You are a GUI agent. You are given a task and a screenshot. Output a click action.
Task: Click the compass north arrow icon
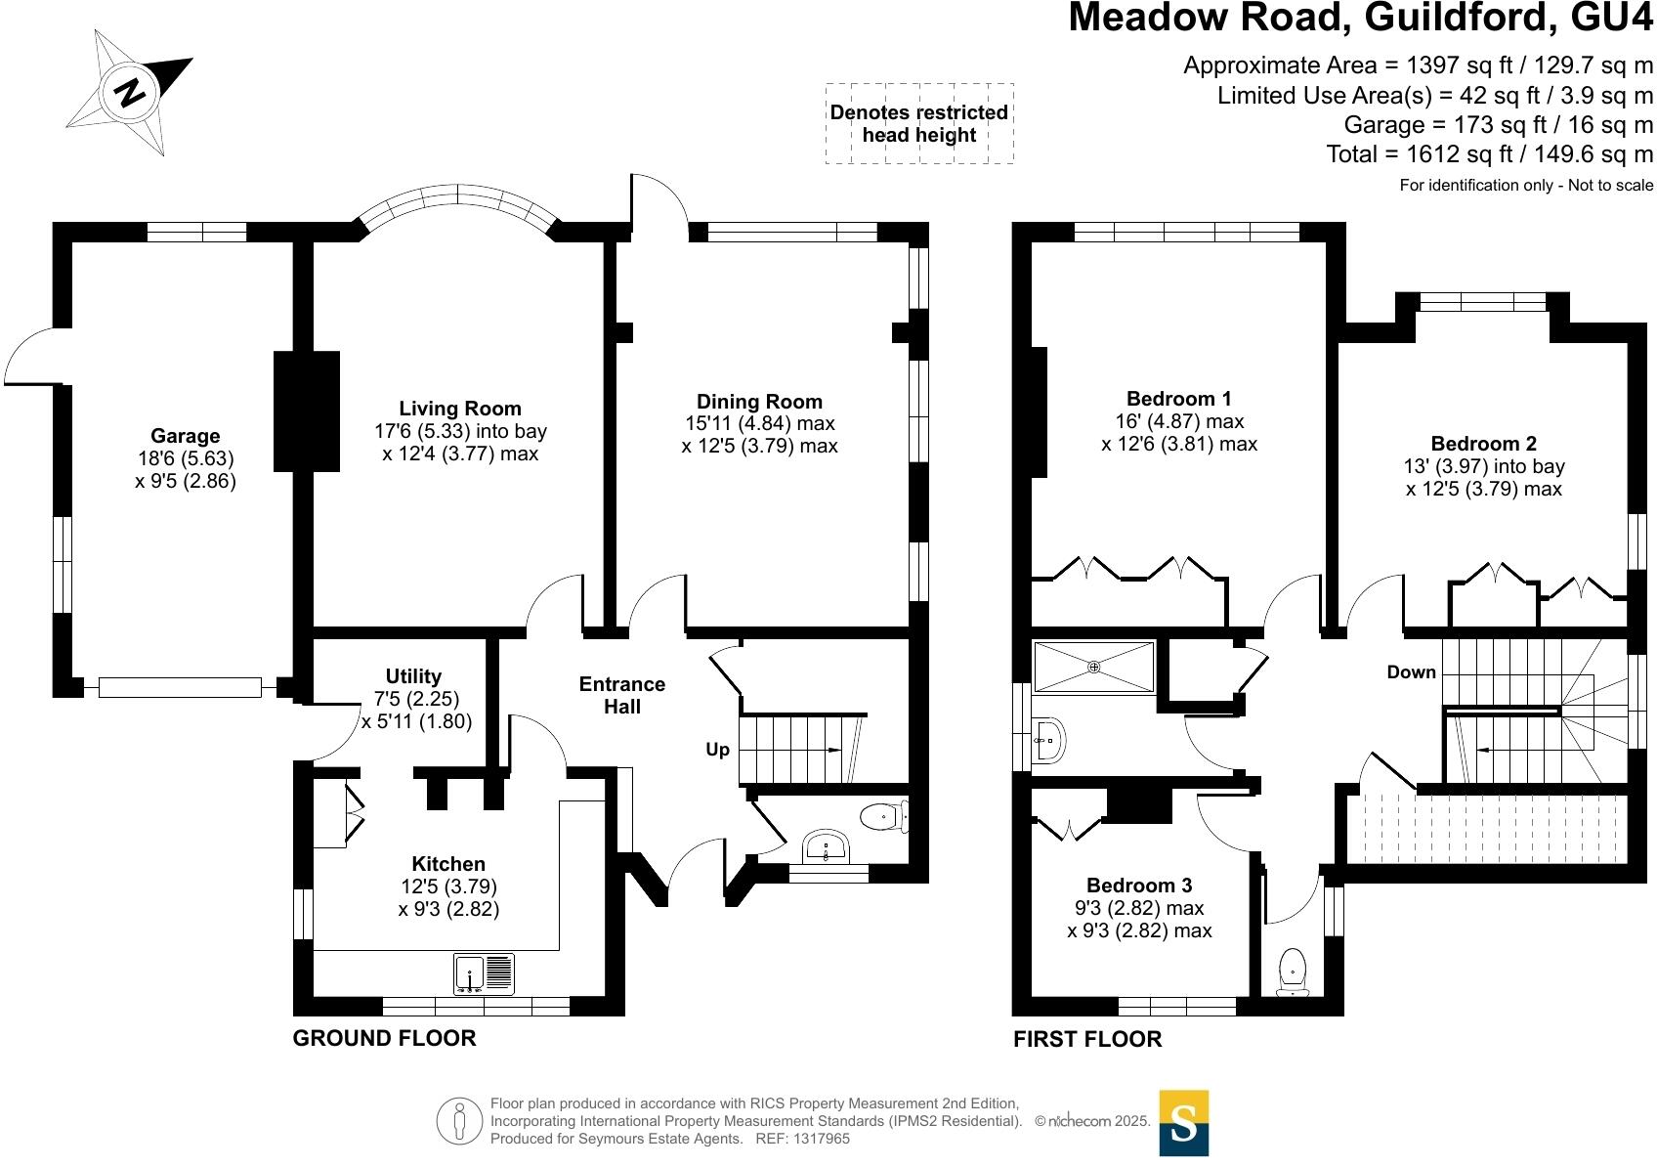[x=130, y=92]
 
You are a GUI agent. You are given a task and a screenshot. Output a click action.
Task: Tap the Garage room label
[x=185, y=436]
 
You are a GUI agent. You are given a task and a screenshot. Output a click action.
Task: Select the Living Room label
[x=459, y=409]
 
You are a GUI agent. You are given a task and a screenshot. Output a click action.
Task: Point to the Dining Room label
[x=759, y=402]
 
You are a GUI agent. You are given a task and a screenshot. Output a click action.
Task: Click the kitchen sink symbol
[x=484, y=973]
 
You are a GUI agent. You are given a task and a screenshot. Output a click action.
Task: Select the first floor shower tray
[x=1093, y=667]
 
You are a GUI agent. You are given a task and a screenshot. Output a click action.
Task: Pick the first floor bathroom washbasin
[x=1046, y=742]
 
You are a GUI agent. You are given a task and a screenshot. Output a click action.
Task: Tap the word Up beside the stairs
[x=718, y=750]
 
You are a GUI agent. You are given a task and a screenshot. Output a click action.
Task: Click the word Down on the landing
[x=1411, y=671]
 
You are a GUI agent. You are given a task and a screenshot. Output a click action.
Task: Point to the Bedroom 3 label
[x=1139, y=886]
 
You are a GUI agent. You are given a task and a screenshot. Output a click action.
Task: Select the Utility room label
[x=413, y=676]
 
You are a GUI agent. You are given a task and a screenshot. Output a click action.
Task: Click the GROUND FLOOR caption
[x=384, y=1038]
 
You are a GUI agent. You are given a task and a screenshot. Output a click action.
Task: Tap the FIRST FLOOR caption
[x=1087, y=1039]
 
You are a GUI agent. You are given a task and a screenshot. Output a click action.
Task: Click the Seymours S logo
[x=1183, y=1123]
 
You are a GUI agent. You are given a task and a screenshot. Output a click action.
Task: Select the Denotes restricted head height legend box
[x=918, y=123]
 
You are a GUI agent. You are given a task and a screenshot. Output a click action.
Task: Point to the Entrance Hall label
[x=621, y=695]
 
